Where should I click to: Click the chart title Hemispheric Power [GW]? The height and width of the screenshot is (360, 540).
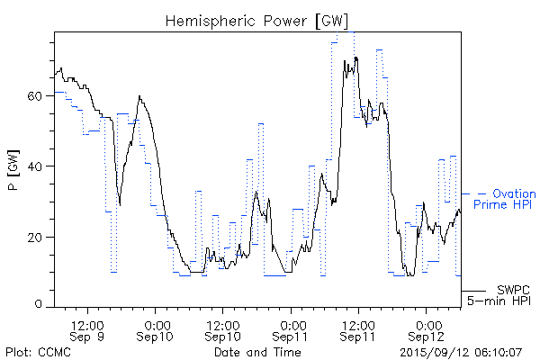tap(256, 21)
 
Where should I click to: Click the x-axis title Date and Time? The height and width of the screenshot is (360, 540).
tap(256, 351)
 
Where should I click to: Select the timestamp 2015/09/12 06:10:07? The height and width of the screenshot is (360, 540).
tap(462, 351)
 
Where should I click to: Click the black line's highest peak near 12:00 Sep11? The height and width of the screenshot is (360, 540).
tap(356, 58)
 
